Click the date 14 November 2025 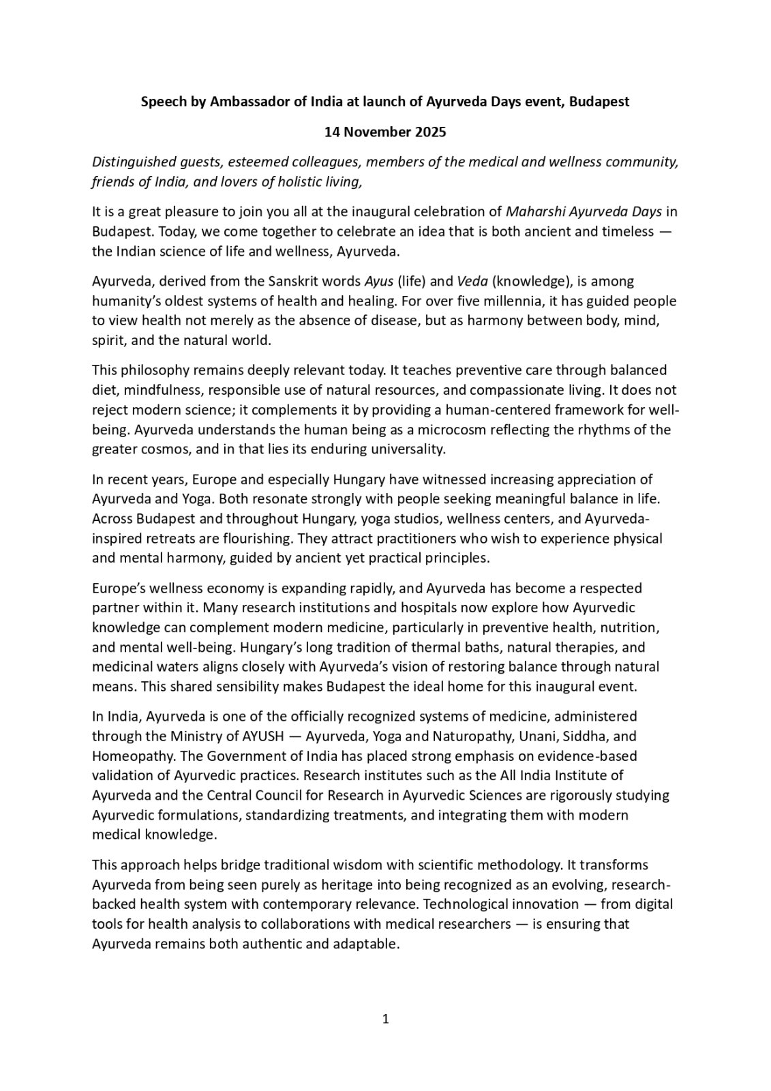tap(385, 132)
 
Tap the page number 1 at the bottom tap(385, 1020)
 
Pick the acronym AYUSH tap(266, 736)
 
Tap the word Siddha tap(586, 736)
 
